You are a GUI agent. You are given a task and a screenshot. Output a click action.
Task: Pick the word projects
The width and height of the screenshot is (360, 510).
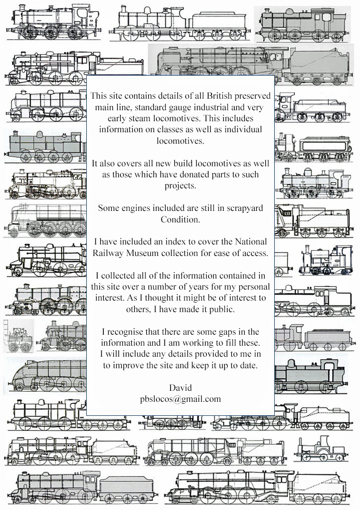(181, 186)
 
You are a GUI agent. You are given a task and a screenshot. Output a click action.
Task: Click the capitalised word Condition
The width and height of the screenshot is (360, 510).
(180, 219)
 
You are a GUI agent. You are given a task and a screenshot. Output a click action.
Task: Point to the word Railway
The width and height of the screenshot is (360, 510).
(108, 253)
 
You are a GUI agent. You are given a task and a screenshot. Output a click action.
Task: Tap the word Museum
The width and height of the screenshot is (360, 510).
(142, 252)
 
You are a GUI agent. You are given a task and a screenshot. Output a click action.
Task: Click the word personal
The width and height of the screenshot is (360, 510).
(254, 287)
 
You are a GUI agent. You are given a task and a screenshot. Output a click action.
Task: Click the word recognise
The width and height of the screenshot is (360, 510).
(125, 332)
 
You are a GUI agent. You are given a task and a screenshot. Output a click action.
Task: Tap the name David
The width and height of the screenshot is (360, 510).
(181, 388)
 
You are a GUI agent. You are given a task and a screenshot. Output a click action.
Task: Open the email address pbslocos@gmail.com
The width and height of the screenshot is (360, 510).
(181, 399)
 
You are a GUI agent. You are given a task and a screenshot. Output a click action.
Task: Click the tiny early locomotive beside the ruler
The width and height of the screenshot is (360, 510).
(20, 339)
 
